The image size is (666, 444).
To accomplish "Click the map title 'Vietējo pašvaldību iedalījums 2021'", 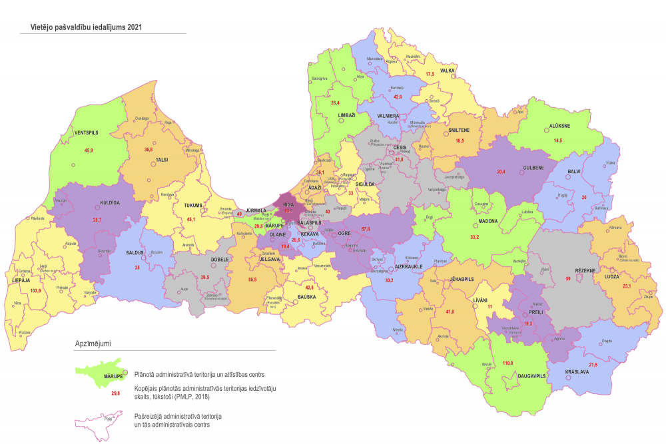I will pos(82,28).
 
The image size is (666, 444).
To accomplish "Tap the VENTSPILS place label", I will pos(86,133).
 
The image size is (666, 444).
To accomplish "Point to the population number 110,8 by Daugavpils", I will pos(508,363).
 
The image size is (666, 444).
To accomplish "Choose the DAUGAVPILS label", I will pos(531,376).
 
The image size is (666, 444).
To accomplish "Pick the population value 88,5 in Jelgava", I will pos(252,279).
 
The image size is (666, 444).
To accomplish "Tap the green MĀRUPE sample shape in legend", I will pos(102,377).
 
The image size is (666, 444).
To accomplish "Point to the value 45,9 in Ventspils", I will pos(89,151).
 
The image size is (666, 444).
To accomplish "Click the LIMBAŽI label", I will pos(347,115).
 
